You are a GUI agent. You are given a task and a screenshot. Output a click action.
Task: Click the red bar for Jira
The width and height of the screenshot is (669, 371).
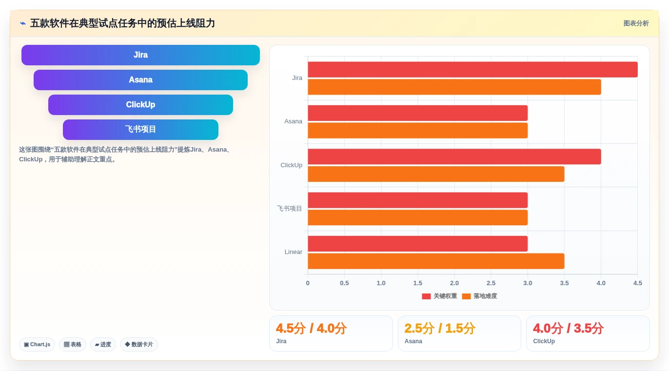pos(472,69)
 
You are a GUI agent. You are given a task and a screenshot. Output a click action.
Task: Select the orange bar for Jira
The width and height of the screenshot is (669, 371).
pos(454,87)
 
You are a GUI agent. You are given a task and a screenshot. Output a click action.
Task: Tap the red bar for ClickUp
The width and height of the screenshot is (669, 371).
pos(454,156)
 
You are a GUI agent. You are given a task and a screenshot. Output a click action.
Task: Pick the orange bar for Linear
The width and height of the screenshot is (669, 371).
pos(436,261)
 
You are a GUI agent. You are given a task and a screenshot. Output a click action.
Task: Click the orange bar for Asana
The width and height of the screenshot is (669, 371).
pos(417,131)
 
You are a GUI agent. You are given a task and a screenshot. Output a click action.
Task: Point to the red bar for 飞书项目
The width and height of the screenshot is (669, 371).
pos(417,200)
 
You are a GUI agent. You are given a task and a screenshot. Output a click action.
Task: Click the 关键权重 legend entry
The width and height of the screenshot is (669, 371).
pos(439,296)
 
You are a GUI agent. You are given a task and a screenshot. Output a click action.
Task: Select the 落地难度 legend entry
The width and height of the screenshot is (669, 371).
pos(480,296)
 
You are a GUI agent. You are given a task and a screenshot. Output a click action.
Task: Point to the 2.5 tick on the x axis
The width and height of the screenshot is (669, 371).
pos(491,283)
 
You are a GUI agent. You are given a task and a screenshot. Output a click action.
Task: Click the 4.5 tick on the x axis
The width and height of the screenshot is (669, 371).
pos(638,283)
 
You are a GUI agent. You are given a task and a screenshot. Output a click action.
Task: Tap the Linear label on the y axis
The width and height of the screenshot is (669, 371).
pos(293,252)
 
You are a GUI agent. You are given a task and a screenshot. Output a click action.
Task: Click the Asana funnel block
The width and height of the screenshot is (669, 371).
pos(140,80)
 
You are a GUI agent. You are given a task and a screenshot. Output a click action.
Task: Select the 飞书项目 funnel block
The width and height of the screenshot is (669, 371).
pos(140,129)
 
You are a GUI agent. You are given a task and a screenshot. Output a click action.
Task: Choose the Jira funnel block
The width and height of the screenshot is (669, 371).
pos(140,55)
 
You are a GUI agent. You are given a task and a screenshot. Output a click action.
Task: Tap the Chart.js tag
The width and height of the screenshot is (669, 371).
pos(37,344)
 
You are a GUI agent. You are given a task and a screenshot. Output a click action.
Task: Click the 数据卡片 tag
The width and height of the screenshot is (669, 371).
pos(139,344)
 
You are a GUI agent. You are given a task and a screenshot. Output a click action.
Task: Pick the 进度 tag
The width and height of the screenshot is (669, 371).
pos(103,344)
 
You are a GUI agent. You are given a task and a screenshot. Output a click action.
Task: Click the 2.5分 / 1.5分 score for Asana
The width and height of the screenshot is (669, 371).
pos(440,328)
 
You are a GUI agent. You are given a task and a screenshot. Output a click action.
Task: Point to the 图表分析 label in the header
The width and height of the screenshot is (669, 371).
pos(636,23)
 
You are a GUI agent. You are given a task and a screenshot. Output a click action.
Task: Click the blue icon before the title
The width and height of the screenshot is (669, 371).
pos(23,23)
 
